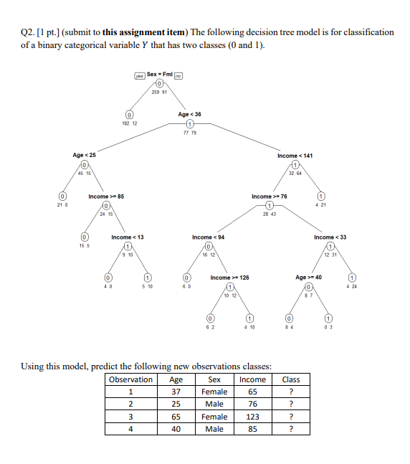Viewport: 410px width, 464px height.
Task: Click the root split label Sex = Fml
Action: point(159,74)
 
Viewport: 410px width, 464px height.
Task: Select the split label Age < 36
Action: point(190,114)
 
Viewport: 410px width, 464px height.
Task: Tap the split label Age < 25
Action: point(84,155)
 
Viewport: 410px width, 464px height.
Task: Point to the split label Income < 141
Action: point(295,155)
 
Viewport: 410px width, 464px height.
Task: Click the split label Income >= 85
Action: point(106,196)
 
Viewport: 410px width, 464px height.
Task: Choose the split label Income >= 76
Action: point(270,196)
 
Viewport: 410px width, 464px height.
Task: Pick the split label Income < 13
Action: point(128,237)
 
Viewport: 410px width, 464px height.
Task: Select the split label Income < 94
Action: point(208,237)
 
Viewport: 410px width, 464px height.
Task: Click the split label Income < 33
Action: point(330,237)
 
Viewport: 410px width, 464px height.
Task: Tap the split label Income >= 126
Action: point(230,278)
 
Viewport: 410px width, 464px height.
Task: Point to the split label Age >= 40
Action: point(310,278)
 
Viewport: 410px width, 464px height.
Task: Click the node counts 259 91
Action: point(159,92)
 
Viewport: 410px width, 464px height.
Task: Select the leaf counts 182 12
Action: point(130,123)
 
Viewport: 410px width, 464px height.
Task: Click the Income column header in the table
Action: point(252,379)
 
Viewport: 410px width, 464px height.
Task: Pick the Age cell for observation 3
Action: point(176,417)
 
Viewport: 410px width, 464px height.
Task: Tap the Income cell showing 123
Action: point(252,417)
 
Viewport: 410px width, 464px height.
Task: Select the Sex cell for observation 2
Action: point(214,404)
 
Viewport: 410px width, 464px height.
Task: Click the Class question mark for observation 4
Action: point(291,429)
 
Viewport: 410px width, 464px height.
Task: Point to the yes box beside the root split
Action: point(139,75)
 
